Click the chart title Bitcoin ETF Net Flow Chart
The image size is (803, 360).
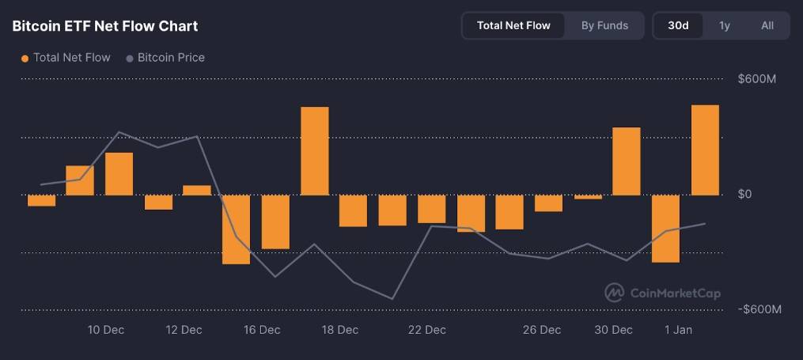[105, 26]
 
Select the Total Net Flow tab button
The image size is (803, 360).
[513, 25]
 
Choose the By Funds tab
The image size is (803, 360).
[604, 25]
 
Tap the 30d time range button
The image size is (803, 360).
[678, 25]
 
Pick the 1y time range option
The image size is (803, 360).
[724, 25]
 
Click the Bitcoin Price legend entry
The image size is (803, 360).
[171, 58]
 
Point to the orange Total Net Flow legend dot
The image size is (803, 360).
[25, 58]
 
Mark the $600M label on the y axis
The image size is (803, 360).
[756, 79]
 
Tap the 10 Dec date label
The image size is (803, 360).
[105, 330]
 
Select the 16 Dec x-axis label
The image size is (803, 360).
[262, 330]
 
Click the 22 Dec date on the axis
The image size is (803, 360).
[426, 330]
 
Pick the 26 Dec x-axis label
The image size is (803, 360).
[542, 330]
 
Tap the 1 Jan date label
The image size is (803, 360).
[678, 330]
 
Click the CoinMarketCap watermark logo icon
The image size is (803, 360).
[615, 293]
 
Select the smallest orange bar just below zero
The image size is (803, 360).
[588, 197]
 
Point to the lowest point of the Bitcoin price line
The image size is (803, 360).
[392, 298]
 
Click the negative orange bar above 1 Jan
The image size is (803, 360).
[665, 229]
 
